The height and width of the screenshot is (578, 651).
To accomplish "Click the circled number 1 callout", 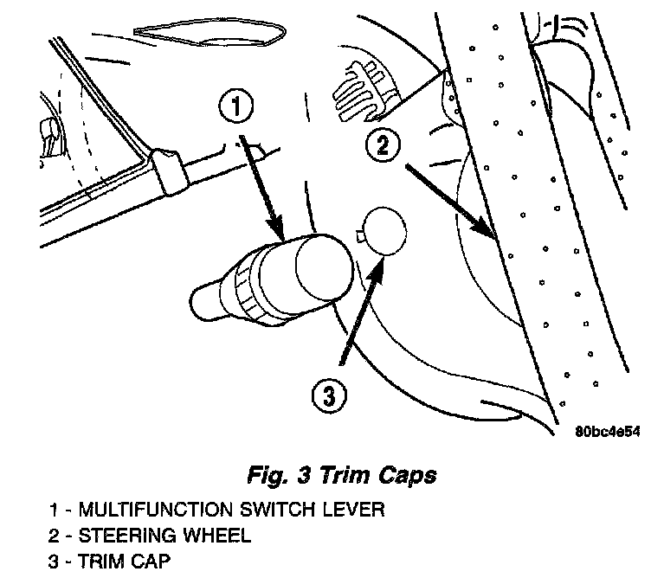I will (236, 108).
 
